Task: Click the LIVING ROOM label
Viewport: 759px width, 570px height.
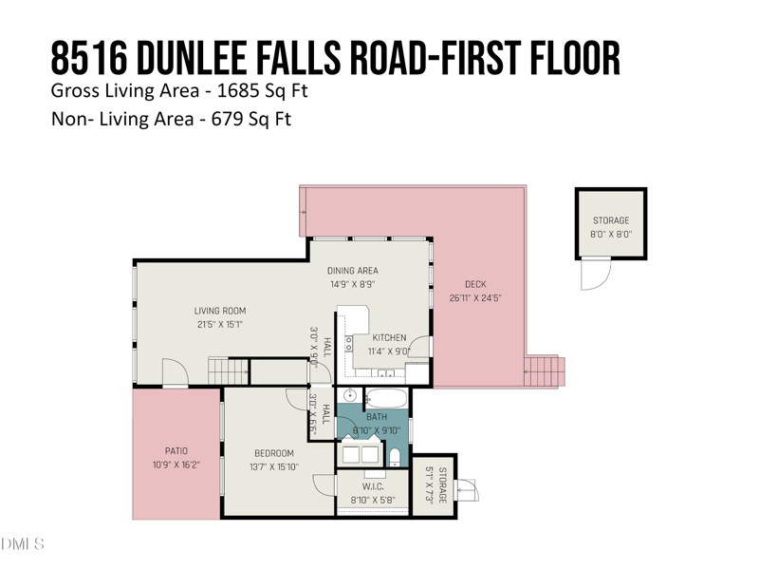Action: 220,311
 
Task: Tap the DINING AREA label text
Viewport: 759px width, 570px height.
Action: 352,271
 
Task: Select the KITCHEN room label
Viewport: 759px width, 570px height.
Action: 389,337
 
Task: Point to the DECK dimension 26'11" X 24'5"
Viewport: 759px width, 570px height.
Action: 475,297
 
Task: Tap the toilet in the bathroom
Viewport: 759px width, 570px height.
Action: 395,458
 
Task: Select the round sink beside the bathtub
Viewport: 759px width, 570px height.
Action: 349,396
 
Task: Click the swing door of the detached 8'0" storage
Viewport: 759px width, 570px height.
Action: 594,275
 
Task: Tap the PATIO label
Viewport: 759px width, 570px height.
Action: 176,450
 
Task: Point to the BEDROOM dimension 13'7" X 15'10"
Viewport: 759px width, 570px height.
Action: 273,466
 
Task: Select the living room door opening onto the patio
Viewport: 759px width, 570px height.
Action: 175,373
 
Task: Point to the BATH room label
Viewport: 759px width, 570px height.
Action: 377,417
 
